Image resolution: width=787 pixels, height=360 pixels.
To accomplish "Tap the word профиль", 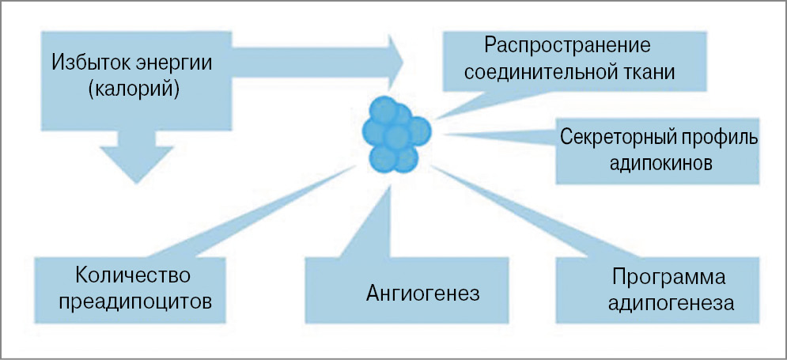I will pyautogui.click(x=720, y=136).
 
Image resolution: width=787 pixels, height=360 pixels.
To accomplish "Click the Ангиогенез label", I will pyautogui.click(x=423, y=294).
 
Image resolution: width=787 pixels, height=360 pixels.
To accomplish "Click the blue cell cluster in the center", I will pyautogui.click(x=395, y=135).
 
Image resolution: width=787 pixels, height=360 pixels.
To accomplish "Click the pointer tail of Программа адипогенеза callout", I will pyautogui.click(x=506, y=214).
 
